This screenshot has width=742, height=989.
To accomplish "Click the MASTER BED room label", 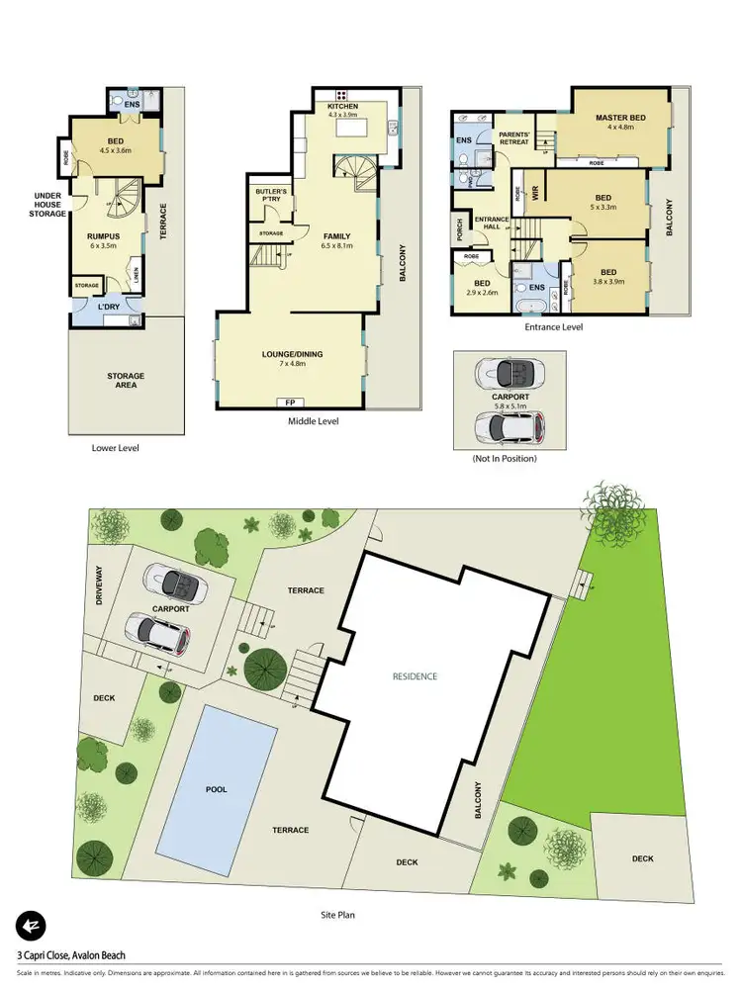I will (619, 118).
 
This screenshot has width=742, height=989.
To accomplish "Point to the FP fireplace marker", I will (290, 403).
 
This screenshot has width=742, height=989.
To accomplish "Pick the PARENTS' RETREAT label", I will (514, 137).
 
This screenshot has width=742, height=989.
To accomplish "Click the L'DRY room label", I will (108, 308).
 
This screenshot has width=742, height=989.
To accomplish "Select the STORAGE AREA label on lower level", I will (126, 380).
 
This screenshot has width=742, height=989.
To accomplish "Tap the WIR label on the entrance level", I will (535, 195).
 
